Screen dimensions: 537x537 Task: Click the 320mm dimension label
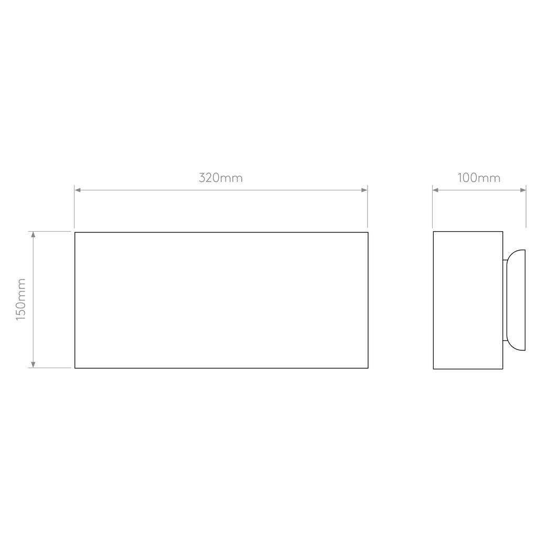point(221,178)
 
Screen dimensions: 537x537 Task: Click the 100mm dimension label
point(479,178)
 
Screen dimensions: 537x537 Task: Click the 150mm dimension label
point(21,299)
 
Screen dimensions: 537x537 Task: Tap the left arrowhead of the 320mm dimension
point(78,190)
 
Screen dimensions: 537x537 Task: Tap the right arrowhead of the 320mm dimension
point(364,190)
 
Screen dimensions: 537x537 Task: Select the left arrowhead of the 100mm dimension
point(435,190)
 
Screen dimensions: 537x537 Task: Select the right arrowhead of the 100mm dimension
point(523,190)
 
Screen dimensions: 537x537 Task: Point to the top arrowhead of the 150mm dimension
point(33,234)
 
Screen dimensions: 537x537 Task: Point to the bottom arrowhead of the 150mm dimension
point(33,365)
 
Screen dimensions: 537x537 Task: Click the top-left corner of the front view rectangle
point(75,232)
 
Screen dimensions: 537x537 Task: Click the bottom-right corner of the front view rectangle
point(368,368)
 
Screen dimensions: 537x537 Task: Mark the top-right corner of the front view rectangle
point(368,232)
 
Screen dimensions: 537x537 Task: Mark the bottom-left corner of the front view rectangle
point(75,368)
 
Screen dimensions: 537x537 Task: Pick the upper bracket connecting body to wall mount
point(505,260)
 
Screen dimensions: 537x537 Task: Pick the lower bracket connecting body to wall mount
point(505,341)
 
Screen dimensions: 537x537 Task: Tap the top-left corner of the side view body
point(434,232)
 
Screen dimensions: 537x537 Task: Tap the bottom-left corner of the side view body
point(434,369)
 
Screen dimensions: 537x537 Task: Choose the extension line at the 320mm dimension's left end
point(74,206)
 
